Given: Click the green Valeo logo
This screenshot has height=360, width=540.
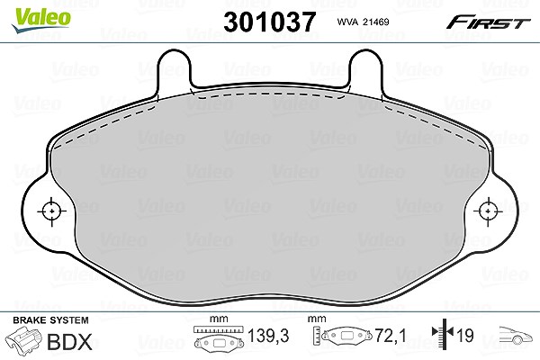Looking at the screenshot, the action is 41,21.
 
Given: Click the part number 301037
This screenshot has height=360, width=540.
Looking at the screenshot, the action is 270,22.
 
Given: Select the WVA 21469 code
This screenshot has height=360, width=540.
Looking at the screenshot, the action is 363,22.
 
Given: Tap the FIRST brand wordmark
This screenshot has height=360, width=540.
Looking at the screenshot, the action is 488,22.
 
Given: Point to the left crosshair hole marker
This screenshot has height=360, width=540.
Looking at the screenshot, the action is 51,211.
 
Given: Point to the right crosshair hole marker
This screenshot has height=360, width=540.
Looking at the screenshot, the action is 488,211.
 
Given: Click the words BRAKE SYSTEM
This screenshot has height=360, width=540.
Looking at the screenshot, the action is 50,320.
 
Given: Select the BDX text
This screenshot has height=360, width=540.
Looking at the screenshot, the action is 69,342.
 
